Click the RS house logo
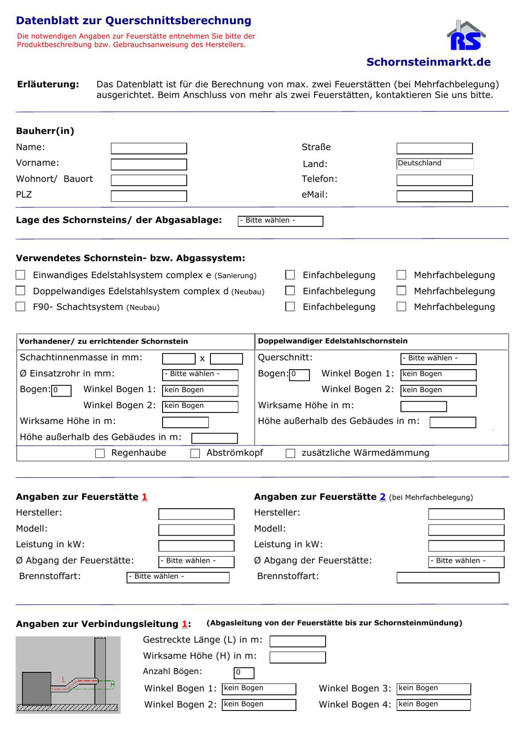[466, 36]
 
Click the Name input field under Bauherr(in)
[149, 148]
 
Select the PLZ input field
[149, 196]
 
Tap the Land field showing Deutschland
[434, 164]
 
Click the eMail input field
[434, 196]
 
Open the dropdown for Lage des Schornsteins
[280, 221]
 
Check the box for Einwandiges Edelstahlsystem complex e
[20, 275]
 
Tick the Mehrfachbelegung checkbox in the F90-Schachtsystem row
[401, 306]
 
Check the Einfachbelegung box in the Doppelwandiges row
[290, 291]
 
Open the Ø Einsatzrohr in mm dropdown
[200, 374]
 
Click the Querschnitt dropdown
[438, 359]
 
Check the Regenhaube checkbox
[100, 453]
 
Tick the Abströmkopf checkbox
[195, 453]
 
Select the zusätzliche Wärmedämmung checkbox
[290, 453]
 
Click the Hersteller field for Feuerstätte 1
[196, 513]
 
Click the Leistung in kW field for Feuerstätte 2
[466, 545]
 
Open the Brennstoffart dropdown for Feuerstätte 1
[178, 577]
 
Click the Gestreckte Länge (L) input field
[297, 641]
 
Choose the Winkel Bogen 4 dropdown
[433, 704]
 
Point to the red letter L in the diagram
[64, 679]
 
